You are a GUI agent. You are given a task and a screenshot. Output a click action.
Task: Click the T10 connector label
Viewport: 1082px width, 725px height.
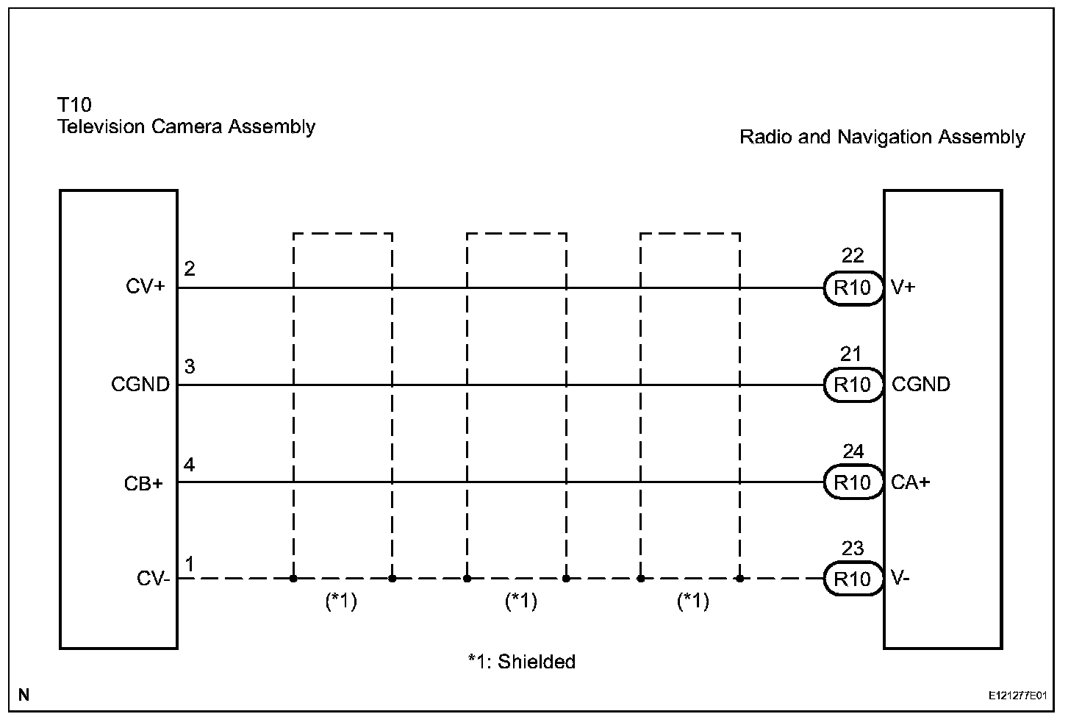point(74,105)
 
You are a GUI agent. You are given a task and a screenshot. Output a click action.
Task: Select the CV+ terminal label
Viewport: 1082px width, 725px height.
point(145,287)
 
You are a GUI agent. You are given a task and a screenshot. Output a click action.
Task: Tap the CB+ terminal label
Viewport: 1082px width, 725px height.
point(143,484)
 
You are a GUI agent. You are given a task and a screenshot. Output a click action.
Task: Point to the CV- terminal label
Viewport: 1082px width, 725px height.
point(154,579)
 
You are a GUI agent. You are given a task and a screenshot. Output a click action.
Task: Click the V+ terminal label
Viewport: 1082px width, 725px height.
point(903,287)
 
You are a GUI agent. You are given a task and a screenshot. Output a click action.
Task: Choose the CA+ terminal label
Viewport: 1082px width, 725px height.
point(910,482)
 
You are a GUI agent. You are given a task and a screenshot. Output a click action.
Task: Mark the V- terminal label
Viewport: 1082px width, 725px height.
point(900,579)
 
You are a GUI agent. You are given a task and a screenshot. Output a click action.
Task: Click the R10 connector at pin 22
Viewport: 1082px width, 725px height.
point(852,287)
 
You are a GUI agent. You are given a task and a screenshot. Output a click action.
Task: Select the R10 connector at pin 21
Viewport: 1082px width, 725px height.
point(852,385)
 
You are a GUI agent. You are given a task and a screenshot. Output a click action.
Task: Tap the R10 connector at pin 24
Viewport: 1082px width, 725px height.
point(852,482)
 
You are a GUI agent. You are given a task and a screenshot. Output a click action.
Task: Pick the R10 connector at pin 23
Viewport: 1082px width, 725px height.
point(852,579)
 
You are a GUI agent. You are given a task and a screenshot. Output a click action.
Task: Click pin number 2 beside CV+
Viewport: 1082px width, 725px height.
point(190,268)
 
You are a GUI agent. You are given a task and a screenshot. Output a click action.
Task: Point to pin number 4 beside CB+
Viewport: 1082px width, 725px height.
point(190,465)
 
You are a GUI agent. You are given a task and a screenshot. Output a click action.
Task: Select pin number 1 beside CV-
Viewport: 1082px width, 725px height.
point(190,564)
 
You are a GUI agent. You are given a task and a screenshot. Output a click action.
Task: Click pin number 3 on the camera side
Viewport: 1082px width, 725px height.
point(190,366)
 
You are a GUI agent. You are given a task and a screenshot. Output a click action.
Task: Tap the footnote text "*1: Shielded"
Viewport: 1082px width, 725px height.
point(521,662)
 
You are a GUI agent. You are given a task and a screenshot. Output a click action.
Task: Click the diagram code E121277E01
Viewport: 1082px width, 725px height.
point(1017,695)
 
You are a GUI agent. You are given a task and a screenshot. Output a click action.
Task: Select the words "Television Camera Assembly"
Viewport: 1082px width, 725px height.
point(187,126)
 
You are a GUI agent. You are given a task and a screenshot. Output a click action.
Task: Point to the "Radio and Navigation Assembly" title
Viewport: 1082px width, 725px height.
point(881,137)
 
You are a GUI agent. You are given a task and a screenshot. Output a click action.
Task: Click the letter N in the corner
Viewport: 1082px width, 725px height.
point(24,695)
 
